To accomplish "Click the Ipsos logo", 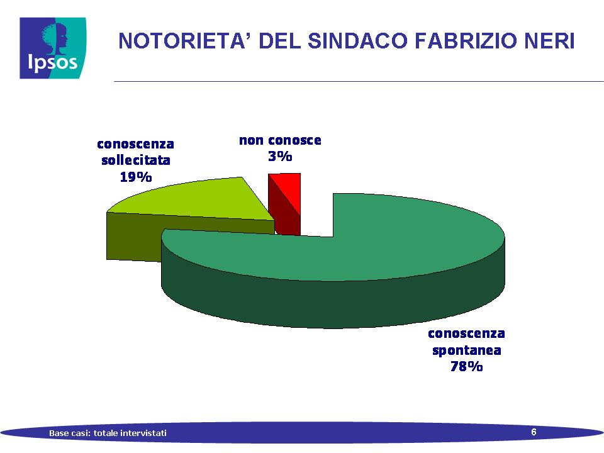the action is click(53, 48).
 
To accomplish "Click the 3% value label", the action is click(280, 157).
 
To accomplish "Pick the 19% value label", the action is click(136, 177).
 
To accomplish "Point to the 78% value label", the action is click(466, 366).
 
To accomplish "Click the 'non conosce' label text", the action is click(280, 140).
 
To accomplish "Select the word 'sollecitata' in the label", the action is click(136, 160).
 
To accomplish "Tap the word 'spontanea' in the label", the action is click(466, 350).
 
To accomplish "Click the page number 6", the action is click(534, 432).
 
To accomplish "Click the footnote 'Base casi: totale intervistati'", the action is click(108, 433).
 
